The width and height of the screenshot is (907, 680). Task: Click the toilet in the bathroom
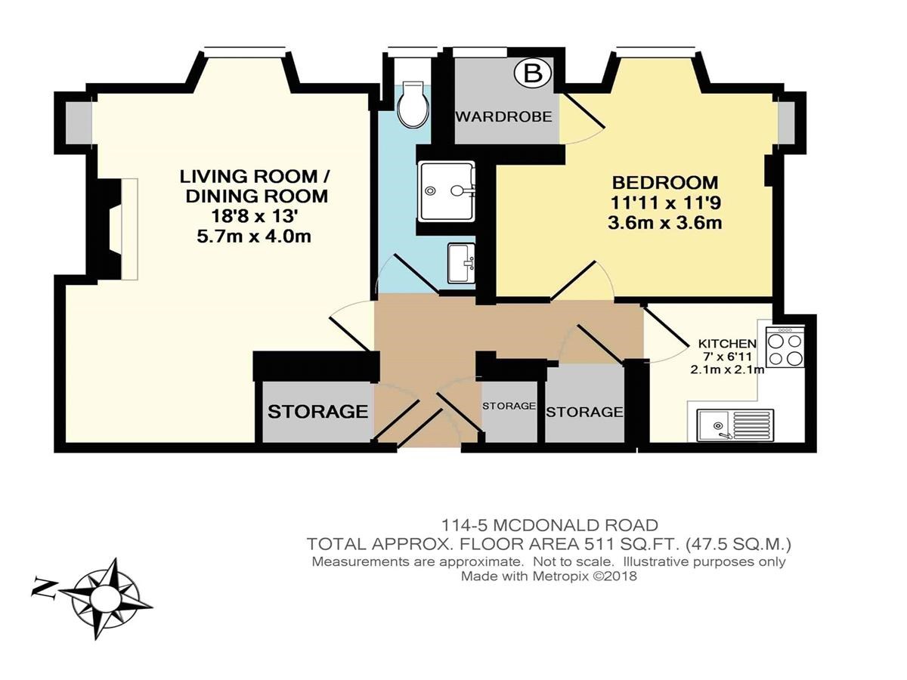coord(412,104)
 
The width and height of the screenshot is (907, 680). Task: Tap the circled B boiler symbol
coord(533,75)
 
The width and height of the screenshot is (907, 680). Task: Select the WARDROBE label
coord(504,117)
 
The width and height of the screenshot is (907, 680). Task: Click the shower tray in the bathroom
coord(446,191)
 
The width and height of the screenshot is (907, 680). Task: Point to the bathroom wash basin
coord(462,263)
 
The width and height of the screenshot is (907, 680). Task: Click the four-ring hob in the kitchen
coord(785,347)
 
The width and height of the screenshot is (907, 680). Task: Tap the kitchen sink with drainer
coord(735,425)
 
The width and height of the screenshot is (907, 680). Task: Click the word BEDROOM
coord(665,183)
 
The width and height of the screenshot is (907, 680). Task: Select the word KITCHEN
coord(727,343)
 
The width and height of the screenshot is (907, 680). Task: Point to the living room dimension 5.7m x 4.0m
coord(254,237)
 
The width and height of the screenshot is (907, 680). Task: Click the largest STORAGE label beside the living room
coord(317,411)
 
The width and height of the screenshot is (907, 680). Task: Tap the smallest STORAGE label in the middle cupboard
coord(509,406)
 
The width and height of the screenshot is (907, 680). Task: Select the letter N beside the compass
coord(44,589)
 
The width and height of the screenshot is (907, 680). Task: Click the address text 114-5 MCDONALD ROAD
coord(549,525)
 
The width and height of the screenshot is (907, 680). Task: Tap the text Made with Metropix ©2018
coord(549,576)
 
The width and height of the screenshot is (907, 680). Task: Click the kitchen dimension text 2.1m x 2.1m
coord(727,369)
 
